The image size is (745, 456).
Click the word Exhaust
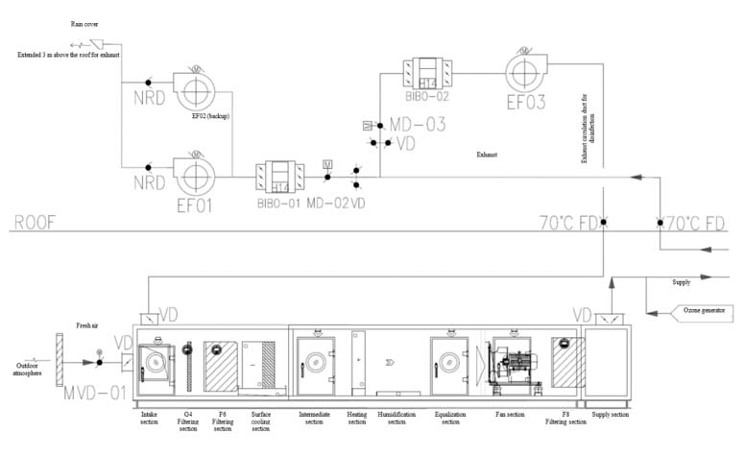coord(491,153)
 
